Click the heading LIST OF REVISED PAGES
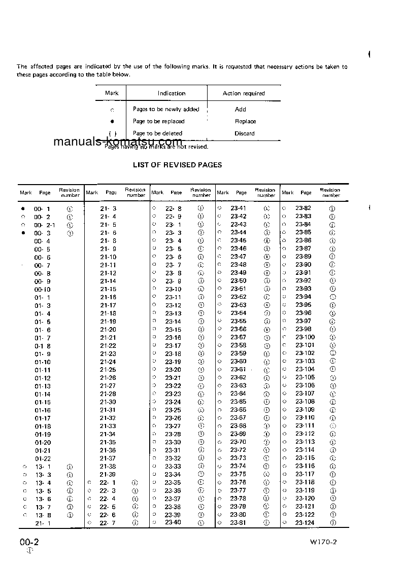click(177, 165)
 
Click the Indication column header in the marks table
click(172, 93)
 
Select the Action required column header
click(244, 93)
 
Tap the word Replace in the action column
click(245, 122)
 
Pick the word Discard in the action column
click(245, 133)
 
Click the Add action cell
click(241, 110)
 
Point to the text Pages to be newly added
click(166, 110)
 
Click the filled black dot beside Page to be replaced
click(112, 122)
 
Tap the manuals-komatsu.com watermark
click(117, 142)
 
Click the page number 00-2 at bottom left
click(29, 542)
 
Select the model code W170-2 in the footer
click(323, 542)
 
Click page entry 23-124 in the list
click(305, 523)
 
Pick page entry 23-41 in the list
click(239, 208)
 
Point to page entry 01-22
click(43, 458)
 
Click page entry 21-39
click(108, 474)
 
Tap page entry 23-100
click(305, 337)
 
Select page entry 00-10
click(43, 289)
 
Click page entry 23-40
click(173, 522)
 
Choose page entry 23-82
click(304, 208)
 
